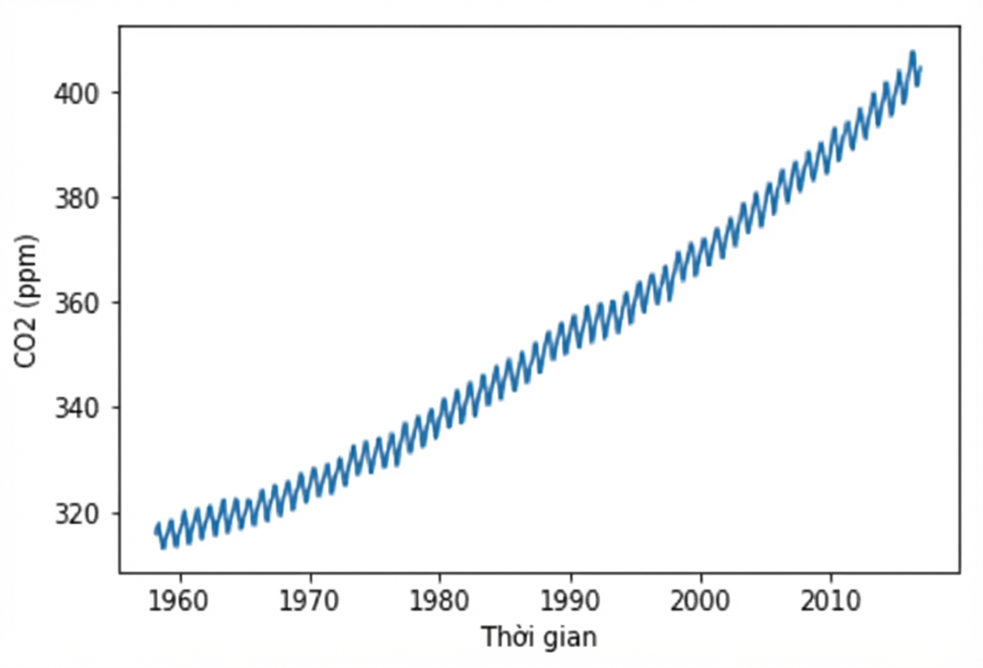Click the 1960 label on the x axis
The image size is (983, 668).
coord(178,601)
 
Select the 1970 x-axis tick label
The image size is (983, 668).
coord(309,601)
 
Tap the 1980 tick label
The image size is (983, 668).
coord(439,601)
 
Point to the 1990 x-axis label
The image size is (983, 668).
coord(569,601)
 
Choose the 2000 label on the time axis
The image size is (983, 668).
coord(699,601)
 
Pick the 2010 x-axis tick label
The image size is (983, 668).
coord(830,601)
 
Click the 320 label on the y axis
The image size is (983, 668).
coord(76,514)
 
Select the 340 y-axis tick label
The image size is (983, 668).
coord(76,409)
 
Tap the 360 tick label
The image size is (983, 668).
coord(76,304)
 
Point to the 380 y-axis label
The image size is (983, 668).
coord(76,199)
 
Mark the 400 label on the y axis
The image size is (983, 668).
coord(76,94)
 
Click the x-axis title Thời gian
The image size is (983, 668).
coord(540,638)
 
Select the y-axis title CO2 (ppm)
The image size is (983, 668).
coord(26,301)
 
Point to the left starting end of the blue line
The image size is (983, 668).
coord(155,533)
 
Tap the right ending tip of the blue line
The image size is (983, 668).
coord(921,68)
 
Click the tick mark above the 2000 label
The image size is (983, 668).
coord(700,577)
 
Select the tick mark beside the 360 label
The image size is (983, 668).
coord(114,302)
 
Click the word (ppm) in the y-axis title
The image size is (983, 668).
coord(28,266)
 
